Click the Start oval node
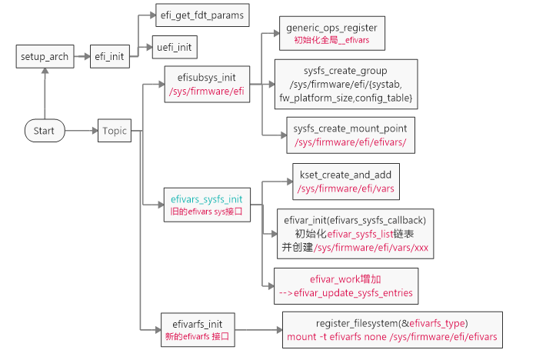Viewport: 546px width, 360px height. pyautogui.click(x=44, y=131)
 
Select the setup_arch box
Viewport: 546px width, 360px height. pyautogui.click(x=45, y=56)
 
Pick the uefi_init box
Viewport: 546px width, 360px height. pyautogui.click(x=174, y=48)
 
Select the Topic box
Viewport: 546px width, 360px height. pyautogui.click(x=115, y=131)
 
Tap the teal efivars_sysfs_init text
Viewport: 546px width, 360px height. pyautogui.click(x=206, y=198)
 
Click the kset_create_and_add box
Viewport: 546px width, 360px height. pyautogui.click(x=345, y=181)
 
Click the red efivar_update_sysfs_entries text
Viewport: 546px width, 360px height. pyautogui.click(x=345, y=293)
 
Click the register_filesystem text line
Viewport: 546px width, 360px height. pyautogui.click(x=391, y=322)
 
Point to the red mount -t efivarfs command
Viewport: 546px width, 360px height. pyautogui.click(x=391, y=336)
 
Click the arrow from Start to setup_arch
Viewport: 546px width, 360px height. pyautogui.click(x=45, y=93)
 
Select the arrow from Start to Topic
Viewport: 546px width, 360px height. pyautogui.click(x=80, y=131)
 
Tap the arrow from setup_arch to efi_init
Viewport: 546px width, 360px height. pyautogui.click(x=80, y=56)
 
